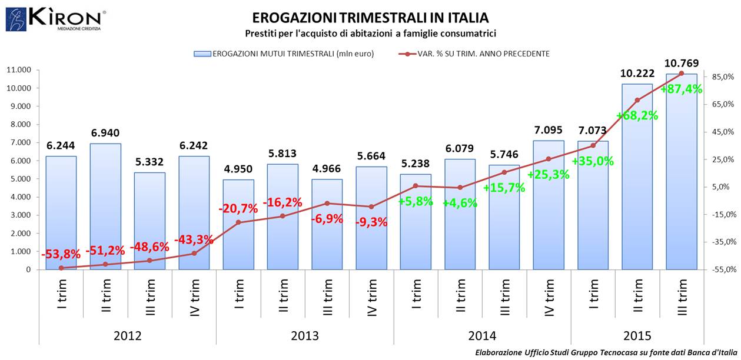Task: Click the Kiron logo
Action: [56, 19]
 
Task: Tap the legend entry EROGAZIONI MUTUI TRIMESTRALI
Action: [284, 54]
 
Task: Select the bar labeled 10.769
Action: [681, 176]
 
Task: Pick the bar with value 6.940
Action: [105, 206]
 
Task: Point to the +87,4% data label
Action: [681, 89]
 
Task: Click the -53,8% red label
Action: [61, 254]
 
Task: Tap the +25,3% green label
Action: [548, 175]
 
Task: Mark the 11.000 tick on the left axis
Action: [21, 70]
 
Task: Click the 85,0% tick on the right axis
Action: [722, 76]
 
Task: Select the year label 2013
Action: [304, 336]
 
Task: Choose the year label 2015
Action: [637, 336]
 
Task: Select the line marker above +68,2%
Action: [637, 100]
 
